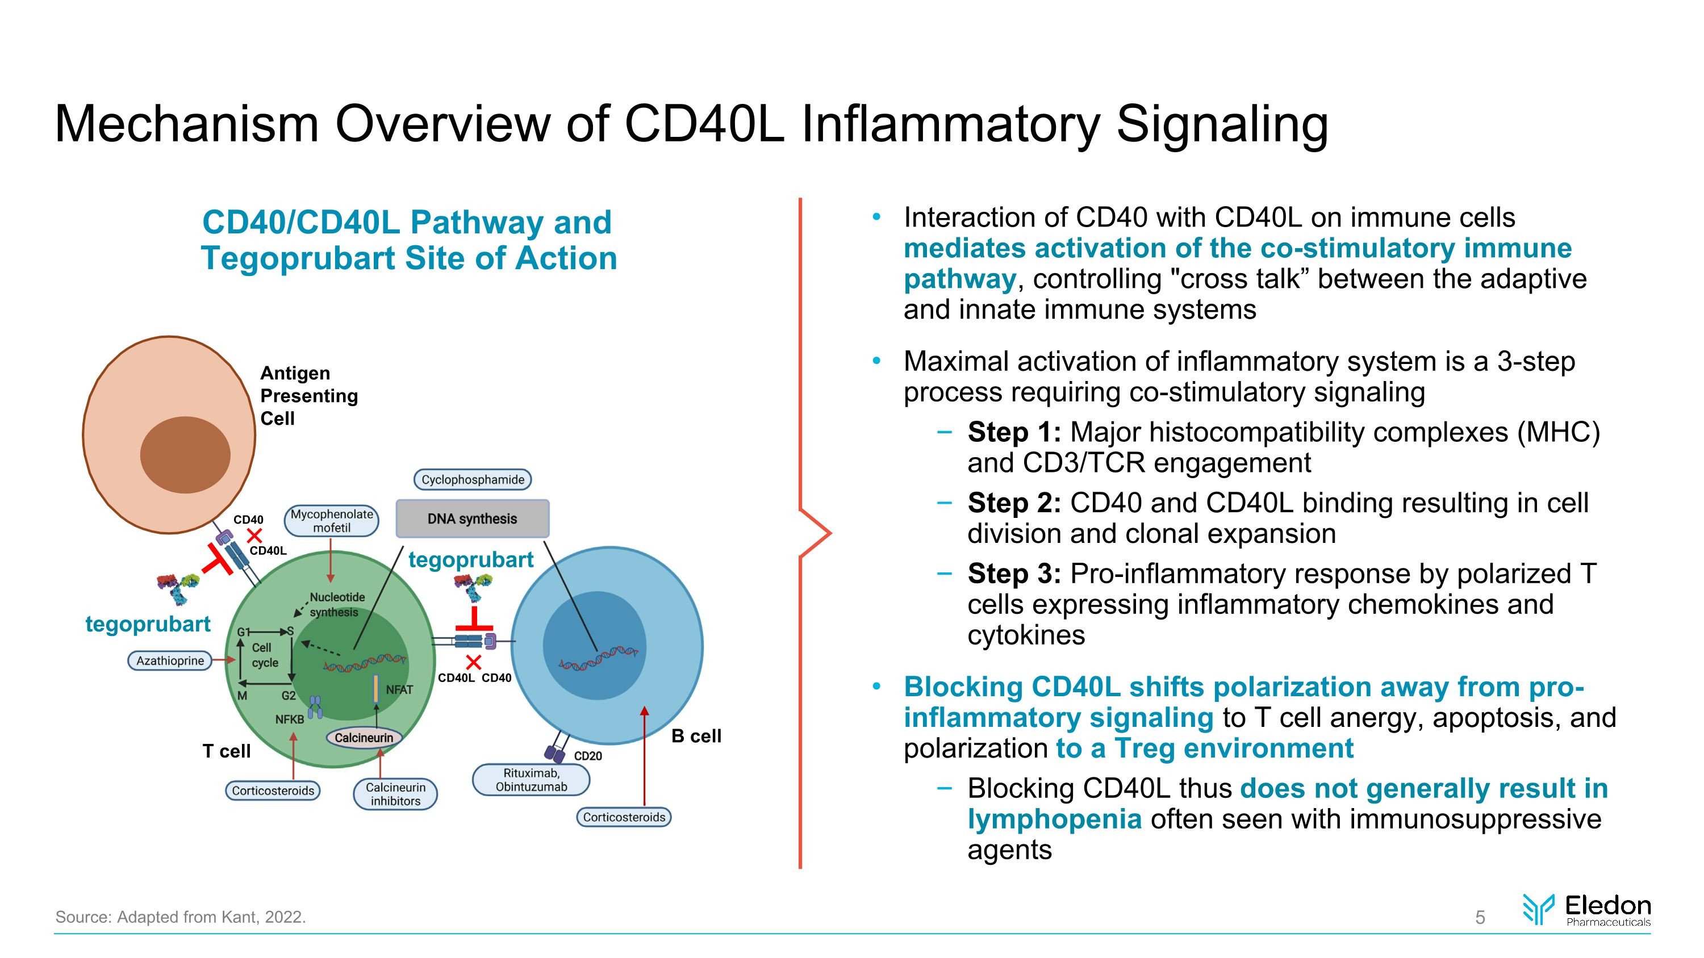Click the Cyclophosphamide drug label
(x=473, y=479)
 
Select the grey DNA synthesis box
(x=473, y=518)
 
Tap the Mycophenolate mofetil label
(x=331, y=521)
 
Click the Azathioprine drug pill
(x=170, y=660)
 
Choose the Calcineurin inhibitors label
(x=395, y=794)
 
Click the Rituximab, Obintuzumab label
(x=531, y=780)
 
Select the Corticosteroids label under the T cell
(x=273, y=790)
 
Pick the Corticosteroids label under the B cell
(x=624, y=817)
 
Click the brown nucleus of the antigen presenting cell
(x=185, y=455)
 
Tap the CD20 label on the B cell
(x=587, y=756)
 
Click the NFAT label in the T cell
(x=399, y=689)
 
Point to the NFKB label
(x=290, y=719)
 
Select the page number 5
(x=1480, y=918)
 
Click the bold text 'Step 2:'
(x=1014, y=503)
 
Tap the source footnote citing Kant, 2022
(x=181, y=917)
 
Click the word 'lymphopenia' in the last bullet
(x=1054, y=819)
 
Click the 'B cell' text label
(x=696, y=736)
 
